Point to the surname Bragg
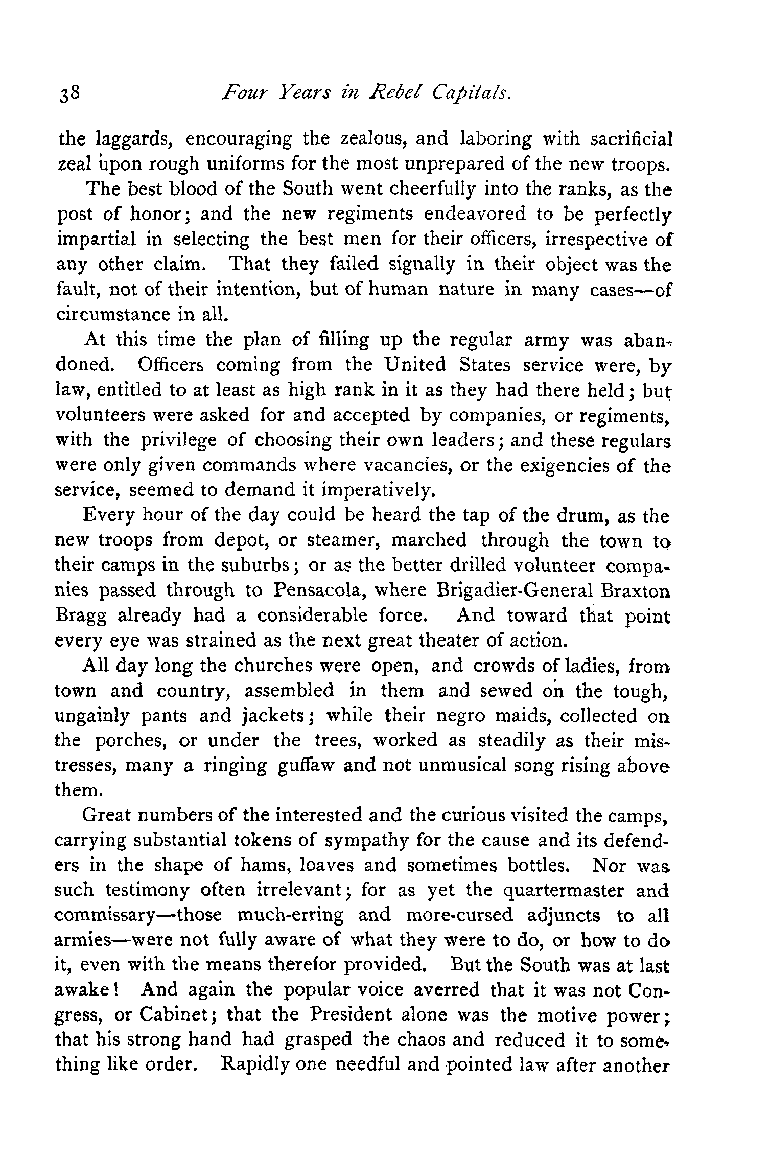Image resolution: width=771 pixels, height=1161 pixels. tap(80, 617)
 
